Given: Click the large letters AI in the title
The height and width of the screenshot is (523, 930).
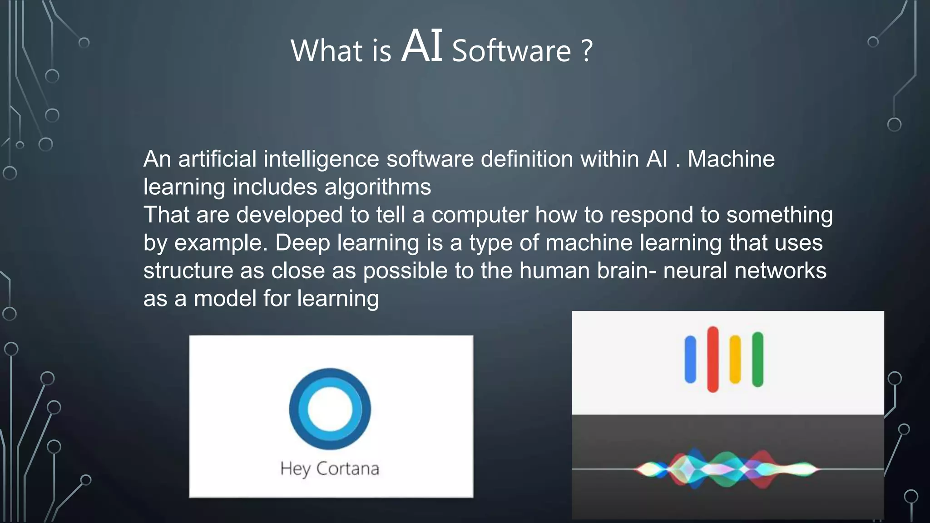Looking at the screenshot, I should point(422,46).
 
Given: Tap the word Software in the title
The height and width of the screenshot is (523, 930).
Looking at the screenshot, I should point(511,51).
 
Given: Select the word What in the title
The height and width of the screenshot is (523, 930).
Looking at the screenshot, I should point(326,51).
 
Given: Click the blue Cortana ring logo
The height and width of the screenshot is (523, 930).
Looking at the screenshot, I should point(330,409).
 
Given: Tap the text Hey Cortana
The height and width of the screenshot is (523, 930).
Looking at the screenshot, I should point(330,469).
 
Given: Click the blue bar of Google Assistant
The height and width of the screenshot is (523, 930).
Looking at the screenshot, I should point(690,360).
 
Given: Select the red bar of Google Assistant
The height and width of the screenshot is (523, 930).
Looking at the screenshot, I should point(713,359).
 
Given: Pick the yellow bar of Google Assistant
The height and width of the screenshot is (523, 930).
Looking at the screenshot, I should point(735,360).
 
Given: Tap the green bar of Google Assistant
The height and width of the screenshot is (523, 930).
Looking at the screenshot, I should point(757,359).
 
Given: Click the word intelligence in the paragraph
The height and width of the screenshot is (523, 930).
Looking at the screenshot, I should point(321,159).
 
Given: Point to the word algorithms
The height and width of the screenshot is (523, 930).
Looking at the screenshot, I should point(378,187).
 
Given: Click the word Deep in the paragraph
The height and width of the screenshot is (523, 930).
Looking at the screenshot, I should point(302,243).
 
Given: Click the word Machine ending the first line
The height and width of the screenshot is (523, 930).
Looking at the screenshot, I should point(731,159).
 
